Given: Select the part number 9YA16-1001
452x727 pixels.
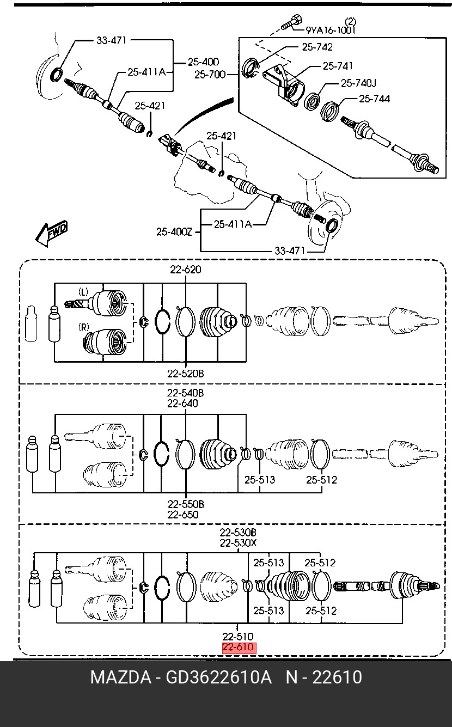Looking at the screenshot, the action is click(x=331, y=30).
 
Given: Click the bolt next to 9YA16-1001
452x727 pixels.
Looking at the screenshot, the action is click(x=291, y=22).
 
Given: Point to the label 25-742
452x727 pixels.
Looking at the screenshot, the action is click(x=317, y=47).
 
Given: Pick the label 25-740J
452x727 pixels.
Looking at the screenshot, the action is click(x=358, y=83).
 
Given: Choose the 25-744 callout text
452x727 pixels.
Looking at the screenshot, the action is click(x=374, y=99).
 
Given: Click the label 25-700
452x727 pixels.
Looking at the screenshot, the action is click(x=210, y=75).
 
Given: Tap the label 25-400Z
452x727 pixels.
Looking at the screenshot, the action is click(x=174, y=232).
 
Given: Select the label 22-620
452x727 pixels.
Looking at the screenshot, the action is click(x=186, y=270).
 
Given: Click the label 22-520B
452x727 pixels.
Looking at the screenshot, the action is click(x=186, y=374).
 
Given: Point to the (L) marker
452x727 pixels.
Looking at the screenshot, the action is click(x=83, y=292).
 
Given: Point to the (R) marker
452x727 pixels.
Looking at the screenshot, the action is click(x=84, y=327).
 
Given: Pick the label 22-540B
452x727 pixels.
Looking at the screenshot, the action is click(x=186, y=393).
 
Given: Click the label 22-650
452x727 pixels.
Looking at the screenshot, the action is click(x=183, y=515).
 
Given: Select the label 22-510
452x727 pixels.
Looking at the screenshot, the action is click(x=238, y=637).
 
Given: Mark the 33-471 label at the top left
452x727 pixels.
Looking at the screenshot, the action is click(x=111, y=40).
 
